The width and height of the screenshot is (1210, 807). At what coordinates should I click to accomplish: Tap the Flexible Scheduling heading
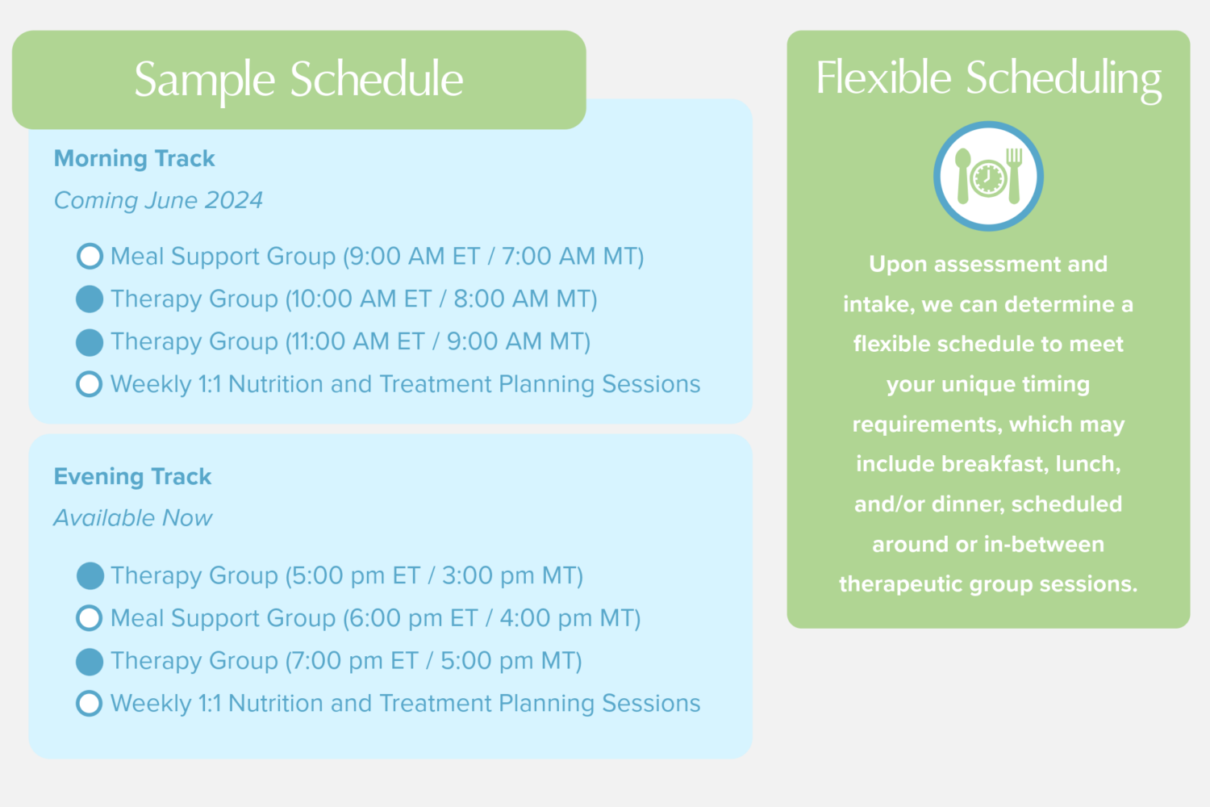tap(988, 79)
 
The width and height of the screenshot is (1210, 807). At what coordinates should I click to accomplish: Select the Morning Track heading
tap(134, 158)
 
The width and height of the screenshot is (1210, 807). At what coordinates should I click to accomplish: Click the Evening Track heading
tap(132, 476)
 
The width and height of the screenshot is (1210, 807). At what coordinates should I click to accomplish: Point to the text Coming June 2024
tap(158, 200)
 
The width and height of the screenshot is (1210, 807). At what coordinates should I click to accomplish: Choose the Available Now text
tap(133, 518)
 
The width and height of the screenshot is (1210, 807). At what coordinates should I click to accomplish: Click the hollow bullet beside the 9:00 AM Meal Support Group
tap(90, 256)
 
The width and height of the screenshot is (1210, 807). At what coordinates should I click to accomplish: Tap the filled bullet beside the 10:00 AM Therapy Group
tap(90, 299)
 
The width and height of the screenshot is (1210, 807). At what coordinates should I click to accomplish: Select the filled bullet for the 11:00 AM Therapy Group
tap(90, 342)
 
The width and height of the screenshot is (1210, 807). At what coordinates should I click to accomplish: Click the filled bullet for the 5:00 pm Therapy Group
tap(90, 575)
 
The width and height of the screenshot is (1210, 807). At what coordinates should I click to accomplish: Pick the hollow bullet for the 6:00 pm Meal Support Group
tap(90, 618)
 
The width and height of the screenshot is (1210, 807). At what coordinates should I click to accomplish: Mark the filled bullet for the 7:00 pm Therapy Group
tap(90, 662)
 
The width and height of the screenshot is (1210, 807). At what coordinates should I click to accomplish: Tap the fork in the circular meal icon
tap(1014, 176)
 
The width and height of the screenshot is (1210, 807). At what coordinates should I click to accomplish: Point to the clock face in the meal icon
tap(988, 178)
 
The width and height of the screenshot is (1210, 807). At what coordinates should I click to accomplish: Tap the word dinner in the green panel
tap(967, 504)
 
